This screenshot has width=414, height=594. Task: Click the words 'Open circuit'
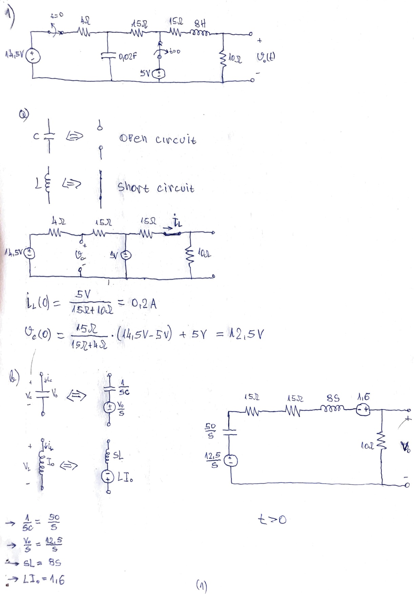[158, 139]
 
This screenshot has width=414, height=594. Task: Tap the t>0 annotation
[272, 519]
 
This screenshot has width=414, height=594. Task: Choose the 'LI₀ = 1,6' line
[43, 580]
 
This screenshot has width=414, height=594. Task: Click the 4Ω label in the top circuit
[84, 21]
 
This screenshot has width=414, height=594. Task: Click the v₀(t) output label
[266, 57]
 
